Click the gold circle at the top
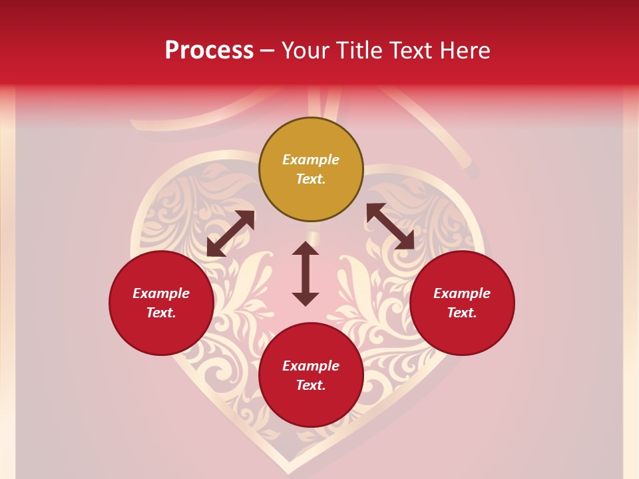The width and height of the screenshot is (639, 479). (311, 170)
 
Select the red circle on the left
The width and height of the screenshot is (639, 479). (161, 303)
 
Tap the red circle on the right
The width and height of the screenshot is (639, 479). (462, 303)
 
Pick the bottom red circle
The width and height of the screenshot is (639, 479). (311, 375)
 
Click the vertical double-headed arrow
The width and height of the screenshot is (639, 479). (306, 273)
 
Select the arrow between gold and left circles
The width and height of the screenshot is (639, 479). (230, 234)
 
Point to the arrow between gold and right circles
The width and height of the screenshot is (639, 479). (391, 226)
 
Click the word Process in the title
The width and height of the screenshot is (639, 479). (209, 50)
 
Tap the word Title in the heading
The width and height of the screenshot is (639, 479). (355, 50)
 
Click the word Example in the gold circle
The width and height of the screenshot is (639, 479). (311, 160)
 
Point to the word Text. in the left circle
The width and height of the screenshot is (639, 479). (161, 313)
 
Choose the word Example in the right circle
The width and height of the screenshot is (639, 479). (462, 293)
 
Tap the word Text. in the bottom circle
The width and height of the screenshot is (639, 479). (311, 385)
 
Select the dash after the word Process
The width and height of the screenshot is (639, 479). (268, 51)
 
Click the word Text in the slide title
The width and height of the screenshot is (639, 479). (411, 50)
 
